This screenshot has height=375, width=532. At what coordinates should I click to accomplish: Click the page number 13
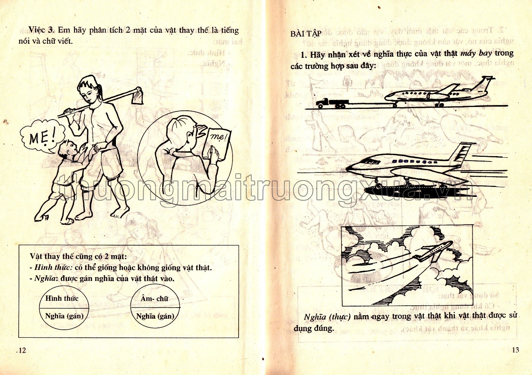pos(515,350)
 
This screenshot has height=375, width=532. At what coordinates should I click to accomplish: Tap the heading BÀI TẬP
pos(306,34)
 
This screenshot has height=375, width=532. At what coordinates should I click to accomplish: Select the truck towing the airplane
pos(332,103)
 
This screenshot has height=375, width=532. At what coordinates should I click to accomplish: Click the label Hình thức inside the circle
pos(62,298)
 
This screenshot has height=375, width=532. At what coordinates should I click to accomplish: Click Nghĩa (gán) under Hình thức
pos(64,316)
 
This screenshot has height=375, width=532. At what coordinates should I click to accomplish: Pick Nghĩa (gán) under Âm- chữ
pos(155,316)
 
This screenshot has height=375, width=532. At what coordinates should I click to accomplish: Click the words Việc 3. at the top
pos(42,30)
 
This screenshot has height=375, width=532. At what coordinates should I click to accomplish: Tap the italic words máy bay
pos(476,53)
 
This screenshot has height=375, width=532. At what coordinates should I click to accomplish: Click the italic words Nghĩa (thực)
pos(327,317)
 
